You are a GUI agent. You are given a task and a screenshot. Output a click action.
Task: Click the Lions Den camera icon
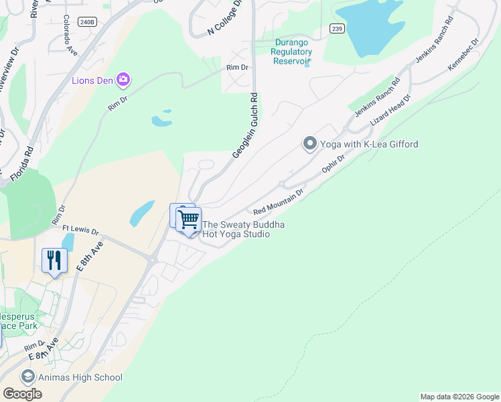tap(123, 80)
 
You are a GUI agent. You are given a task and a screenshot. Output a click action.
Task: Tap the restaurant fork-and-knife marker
tap(54, 260)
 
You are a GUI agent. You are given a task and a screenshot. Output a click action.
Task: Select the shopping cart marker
tap(189, 219)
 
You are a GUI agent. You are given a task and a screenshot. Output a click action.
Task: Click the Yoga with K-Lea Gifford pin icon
tap(309, 143)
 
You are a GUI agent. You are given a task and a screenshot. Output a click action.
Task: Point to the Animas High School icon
tap(27, 377)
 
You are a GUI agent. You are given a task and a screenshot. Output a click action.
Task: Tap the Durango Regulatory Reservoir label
tap(293, 52)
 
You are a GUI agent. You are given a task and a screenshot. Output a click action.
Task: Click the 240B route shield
tap(87, 21)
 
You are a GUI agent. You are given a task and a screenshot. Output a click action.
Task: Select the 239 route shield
tap(337, 27)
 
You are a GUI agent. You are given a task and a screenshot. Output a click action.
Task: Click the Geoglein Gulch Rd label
tap(245, 127)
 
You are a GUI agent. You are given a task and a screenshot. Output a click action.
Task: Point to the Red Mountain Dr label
tap(279, 201)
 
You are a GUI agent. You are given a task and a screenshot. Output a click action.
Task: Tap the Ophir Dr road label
tap(333, 163)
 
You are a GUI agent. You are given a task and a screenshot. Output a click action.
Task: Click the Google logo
tap(22, 393)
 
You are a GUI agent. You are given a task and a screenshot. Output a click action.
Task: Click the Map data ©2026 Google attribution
tap(459, 397)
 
